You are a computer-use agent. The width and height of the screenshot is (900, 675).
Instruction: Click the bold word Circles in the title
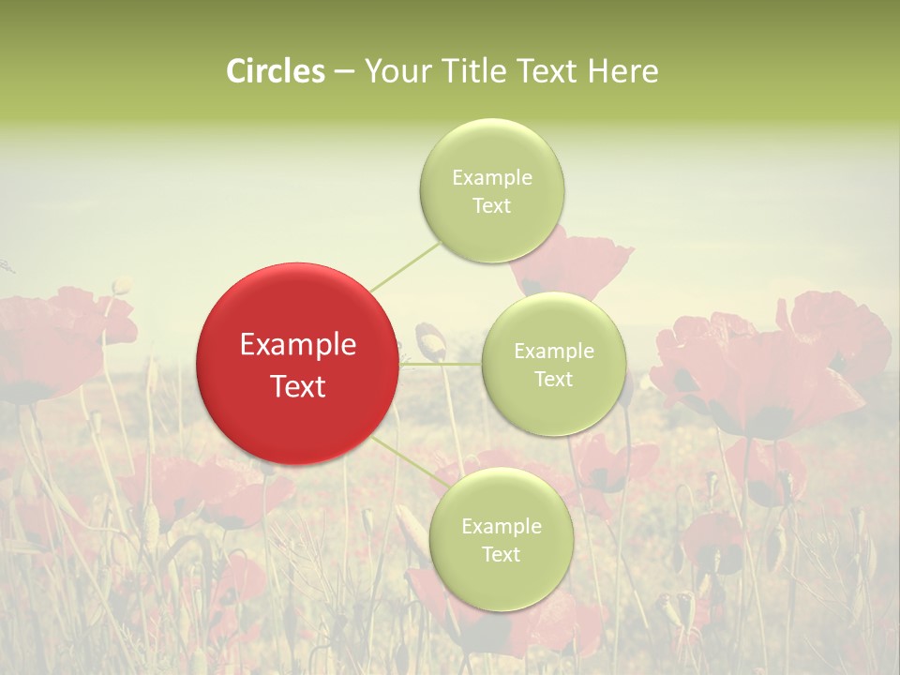[276, 71]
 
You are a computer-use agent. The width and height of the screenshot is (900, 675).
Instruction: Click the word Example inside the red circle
[298, 345]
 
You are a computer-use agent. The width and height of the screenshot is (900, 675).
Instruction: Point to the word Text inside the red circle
[298, 386]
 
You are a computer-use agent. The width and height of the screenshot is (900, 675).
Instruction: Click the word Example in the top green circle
[491, 178]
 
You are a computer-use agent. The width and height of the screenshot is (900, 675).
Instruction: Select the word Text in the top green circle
[491, 206]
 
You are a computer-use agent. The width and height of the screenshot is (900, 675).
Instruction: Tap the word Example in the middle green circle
[553, 352]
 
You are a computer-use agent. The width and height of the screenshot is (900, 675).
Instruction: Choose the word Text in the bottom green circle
[501, 555]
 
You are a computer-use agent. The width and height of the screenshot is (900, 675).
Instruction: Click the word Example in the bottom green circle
[501, 527]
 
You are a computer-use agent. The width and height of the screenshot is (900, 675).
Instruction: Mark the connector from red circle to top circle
[405, 265]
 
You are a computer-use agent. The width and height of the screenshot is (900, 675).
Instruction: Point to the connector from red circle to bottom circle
[411, 463]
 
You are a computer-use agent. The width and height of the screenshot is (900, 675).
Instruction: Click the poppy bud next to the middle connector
[429, 340]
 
